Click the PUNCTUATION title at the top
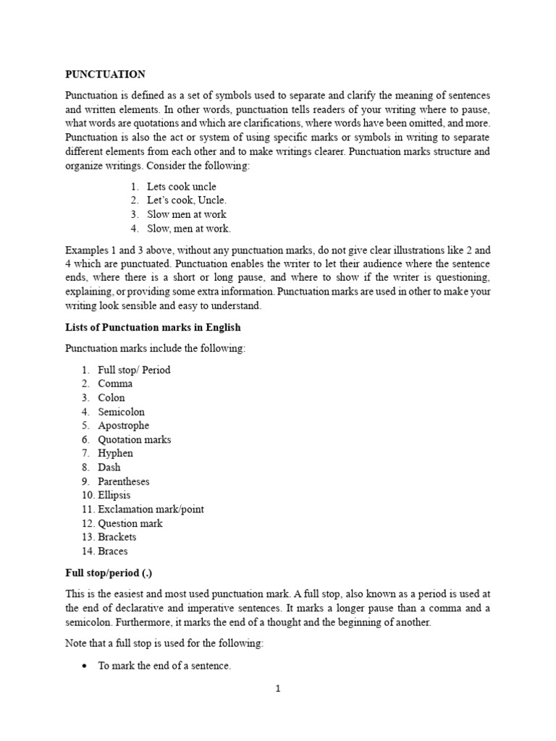(105, 75)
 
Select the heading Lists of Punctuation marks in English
(153, 328)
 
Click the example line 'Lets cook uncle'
(181, 187)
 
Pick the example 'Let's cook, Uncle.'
(186, 200)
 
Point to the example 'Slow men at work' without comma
(186, 214)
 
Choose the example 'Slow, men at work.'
(188, 229)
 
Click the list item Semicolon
(121, 412)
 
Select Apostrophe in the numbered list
(123, 425)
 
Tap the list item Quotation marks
(134, 439)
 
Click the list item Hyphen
(115, 453)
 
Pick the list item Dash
(109, 467)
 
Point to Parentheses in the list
(123, 481)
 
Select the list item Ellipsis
(114, 495)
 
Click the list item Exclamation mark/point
(151, 509)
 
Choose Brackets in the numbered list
(117, 537)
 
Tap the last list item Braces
(112, 551)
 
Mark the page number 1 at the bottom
(277, 689)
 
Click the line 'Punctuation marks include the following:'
(156, 349)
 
